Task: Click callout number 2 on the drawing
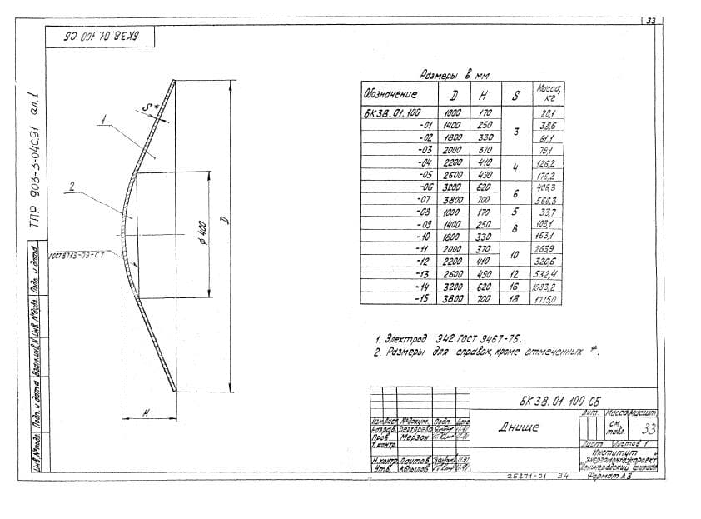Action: click(73, 187)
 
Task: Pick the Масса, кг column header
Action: click(548, 92)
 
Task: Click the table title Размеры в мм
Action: click(454, 74)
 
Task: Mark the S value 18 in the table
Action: click(515, 297)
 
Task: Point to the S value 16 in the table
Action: click(515, 286)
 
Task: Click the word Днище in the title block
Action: click(519, 427)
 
